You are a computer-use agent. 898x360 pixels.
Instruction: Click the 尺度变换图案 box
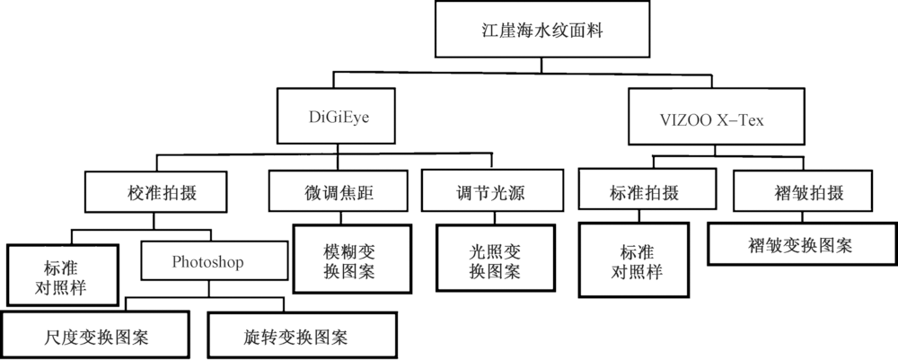(96, 336)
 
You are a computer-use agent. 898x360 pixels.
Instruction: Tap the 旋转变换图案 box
(295, 336)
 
